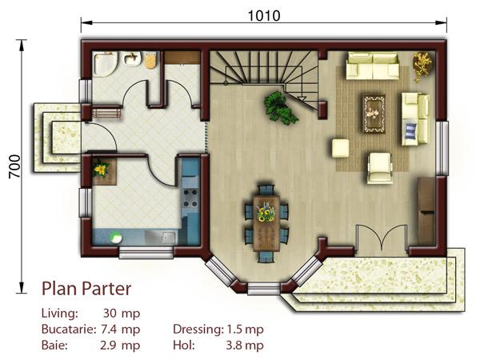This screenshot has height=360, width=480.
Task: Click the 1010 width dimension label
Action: tap(263, 16)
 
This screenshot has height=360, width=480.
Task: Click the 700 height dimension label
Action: tap(14, 166)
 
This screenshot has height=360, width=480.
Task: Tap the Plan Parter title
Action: tap(86, 289)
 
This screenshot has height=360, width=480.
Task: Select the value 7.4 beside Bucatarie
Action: tap(109, 330)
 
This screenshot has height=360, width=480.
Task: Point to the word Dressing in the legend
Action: tap(198, 330)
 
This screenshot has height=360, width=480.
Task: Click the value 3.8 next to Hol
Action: tap(234, 346)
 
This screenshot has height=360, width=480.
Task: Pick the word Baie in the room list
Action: tap(54, 346)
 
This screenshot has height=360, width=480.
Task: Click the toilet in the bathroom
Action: tap(150, 59)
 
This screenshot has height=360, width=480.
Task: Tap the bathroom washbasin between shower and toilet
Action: tap(132, 58)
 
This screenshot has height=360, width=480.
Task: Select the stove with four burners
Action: tap(190, 198)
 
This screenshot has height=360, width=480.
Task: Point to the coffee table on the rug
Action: tap(374, 114)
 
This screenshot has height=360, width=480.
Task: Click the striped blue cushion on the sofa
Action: tap(411, 130)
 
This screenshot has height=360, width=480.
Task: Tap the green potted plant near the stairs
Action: tap(280, 108)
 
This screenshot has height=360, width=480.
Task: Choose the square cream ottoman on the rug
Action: tap(341, 148)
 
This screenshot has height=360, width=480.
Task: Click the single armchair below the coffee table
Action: tap(379, 168)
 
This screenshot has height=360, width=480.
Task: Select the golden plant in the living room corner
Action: tap(422, 66)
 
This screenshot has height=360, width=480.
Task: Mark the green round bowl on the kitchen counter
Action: tap(116, 238)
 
